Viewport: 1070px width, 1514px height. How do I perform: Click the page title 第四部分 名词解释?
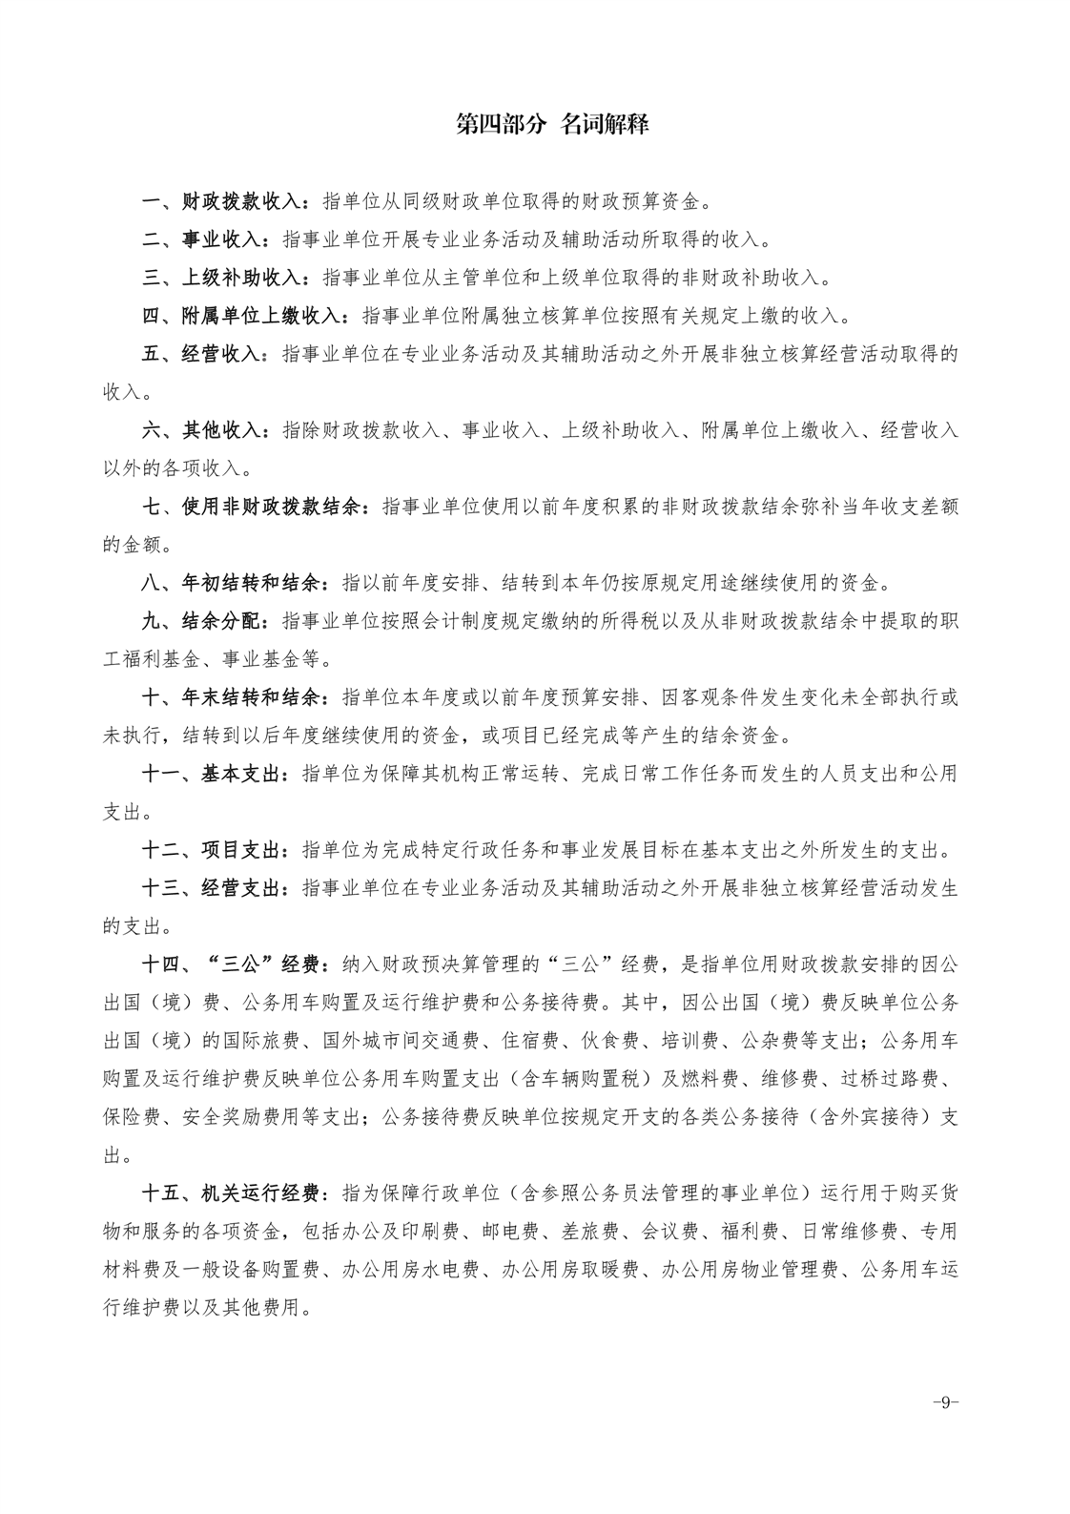pyautogui.click(x=552, y=124)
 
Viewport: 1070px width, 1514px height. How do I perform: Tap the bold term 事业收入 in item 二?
pyautogui.click(x=220, y=239)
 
